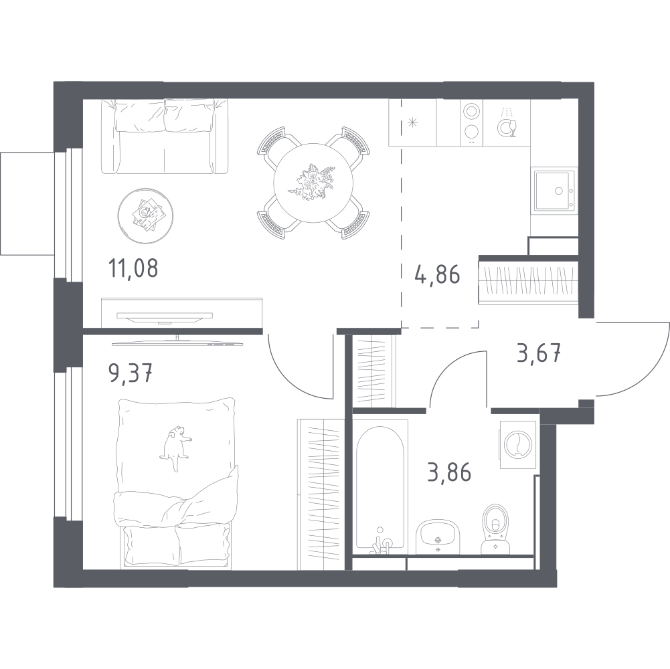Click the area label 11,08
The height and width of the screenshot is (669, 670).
point(133,268)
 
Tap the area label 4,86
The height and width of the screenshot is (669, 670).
point(437,274)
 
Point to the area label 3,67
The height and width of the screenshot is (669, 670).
point(539,354)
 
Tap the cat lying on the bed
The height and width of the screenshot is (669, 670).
point(175,448)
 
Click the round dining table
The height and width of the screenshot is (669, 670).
point(313,183)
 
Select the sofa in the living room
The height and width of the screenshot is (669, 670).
point(165,136)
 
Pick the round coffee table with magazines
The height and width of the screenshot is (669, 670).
point(146,216)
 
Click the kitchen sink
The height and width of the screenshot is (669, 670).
point(554,190)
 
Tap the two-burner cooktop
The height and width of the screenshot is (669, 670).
point(471,122)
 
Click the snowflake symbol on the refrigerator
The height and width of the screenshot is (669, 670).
point(412,123)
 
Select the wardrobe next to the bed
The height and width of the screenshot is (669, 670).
point(321,494)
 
